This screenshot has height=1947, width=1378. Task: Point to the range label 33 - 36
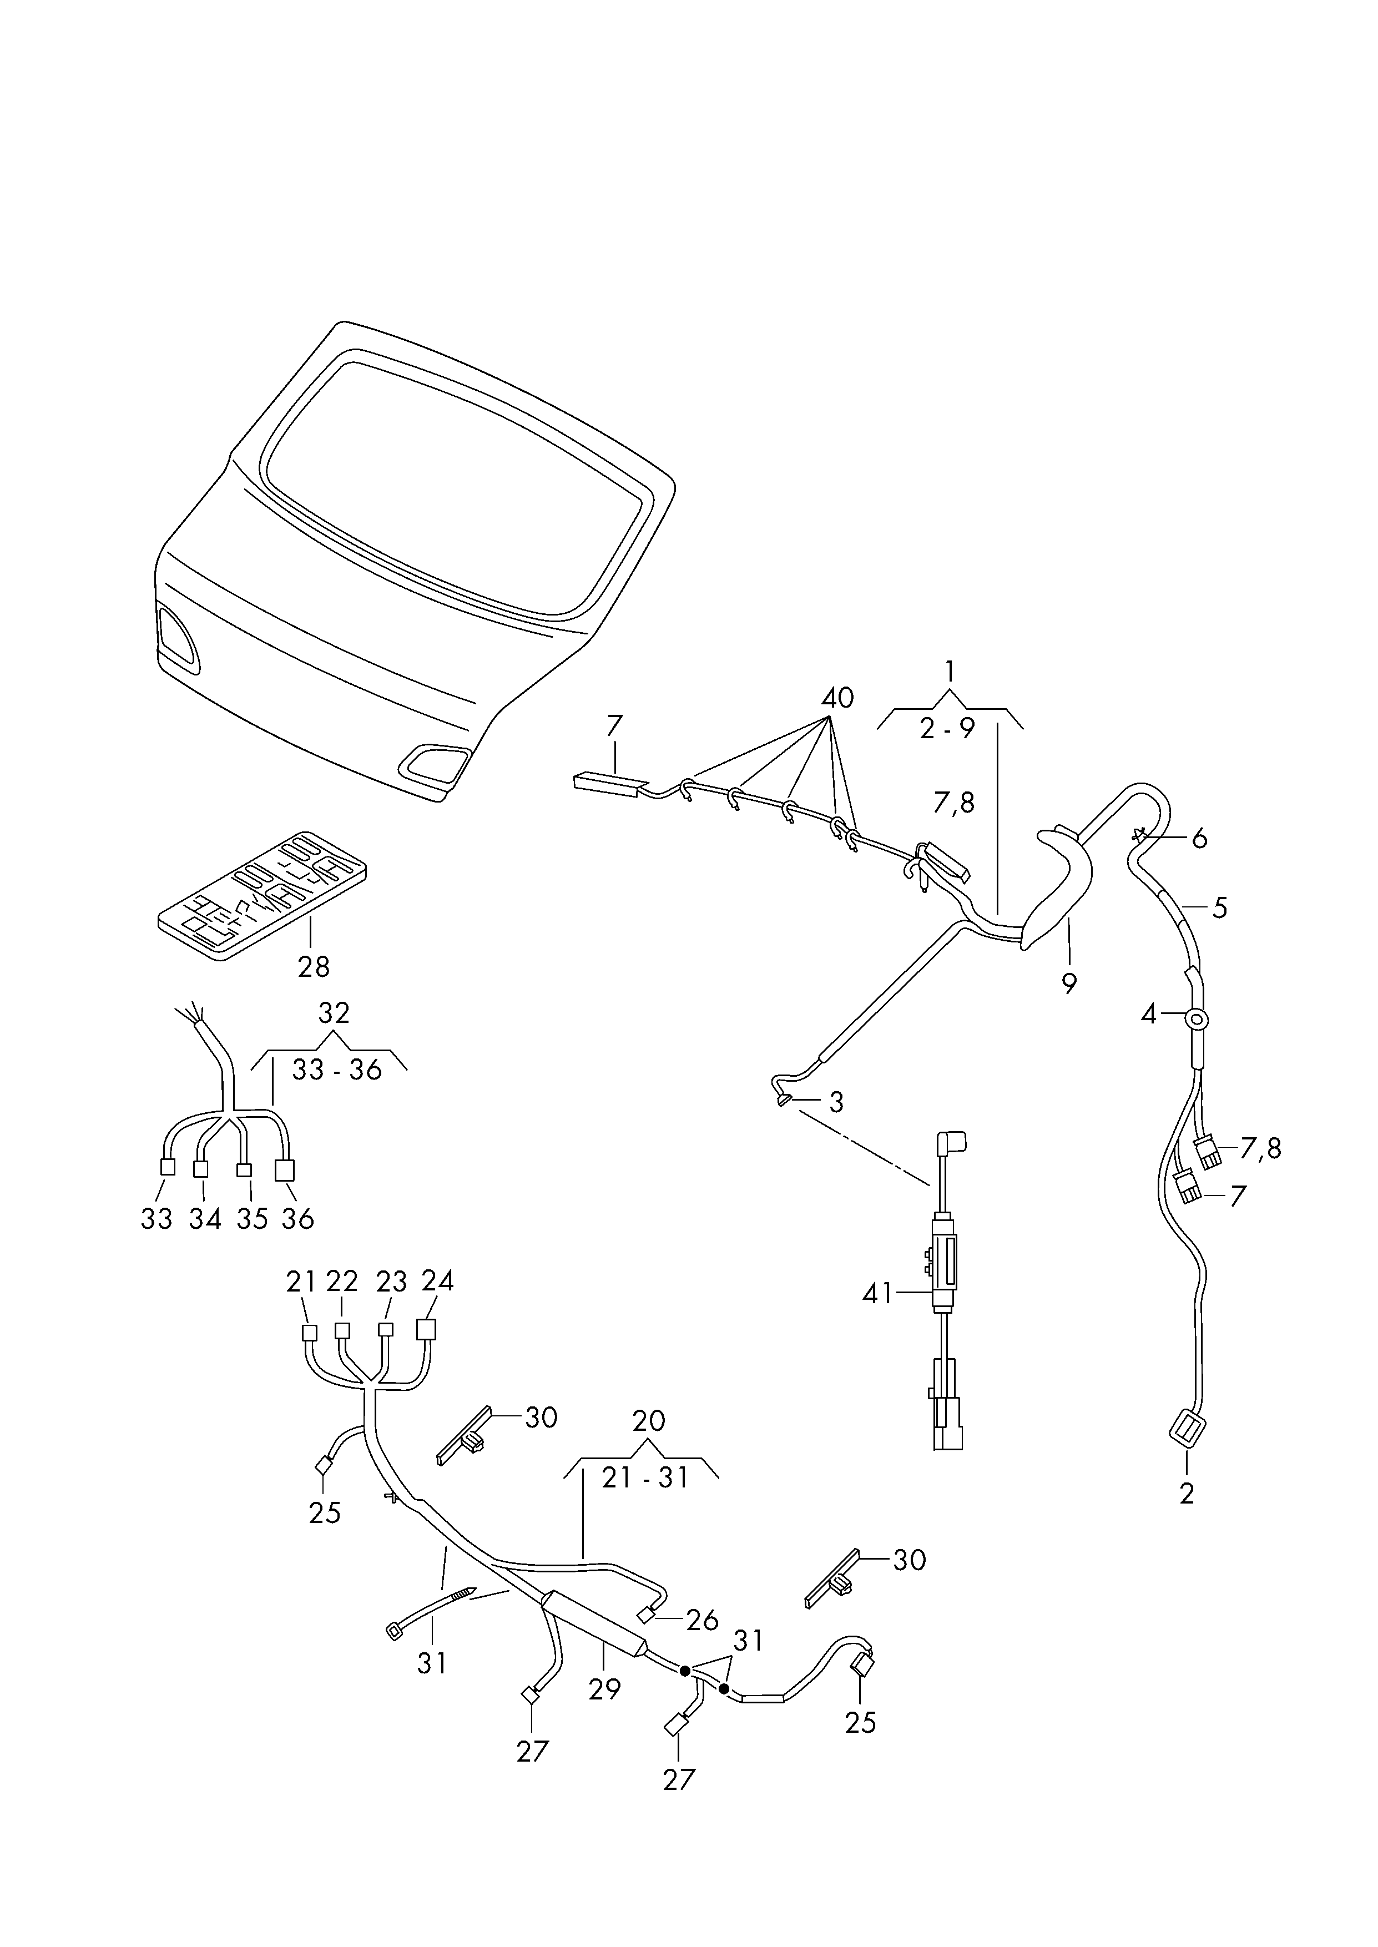(337, 1070)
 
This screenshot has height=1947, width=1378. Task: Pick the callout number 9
(1068, 983)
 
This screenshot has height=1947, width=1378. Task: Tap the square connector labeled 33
(168, 1167)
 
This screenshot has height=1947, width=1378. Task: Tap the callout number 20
(649, 1420)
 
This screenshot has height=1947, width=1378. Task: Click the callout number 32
(334, 1012)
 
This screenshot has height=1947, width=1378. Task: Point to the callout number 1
(950, 673)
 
